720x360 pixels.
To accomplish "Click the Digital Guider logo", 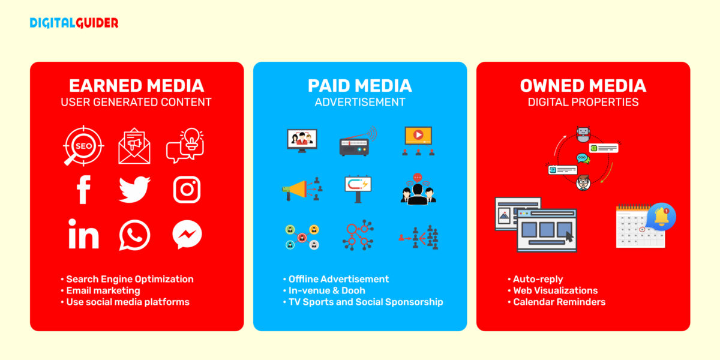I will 74,23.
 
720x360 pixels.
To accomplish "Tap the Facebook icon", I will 84,190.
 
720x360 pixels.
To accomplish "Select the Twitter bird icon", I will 134,190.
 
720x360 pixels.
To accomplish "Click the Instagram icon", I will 187,190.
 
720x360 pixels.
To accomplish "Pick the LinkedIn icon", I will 83,235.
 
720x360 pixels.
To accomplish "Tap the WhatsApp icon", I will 134,235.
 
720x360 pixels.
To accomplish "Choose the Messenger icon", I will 187,235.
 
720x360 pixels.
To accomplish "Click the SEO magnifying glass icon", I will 83,146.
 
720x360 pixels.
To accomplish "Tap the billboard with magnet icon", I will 358,187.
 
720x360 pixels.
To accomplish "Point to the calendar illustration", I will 640,227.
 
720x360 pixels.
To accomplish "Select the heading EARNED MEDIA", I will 136,86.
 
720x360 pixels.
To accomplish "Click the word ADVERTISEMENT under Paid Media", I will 359,102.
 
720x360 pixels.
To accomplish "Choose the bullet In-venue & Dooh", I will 326,290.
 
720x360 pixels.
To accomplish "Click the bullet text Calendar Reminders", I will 559,302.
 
